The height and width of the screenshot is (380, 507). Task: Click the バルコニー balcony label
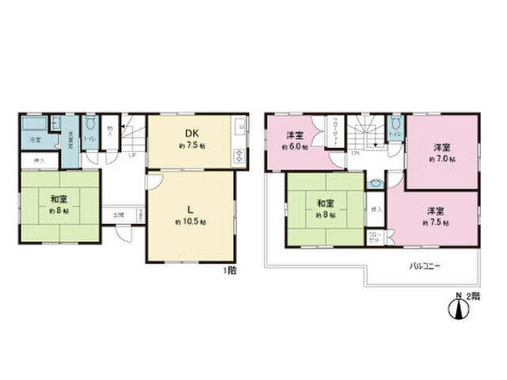[x=425, y=266]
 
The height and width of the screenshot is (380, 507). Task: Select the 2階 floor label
[x=474, y=296]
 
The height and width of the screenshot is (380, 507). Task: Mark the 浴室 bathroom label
[x=35, y=140]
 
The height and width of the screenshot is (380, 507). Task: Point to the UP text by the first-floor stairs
[x=132, y=154]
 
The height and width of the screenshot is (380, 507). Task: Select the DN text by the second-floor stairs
[x=356, y=154]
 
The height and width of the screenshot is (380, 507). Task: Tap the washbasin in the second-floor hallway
[x=375, y=181]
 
